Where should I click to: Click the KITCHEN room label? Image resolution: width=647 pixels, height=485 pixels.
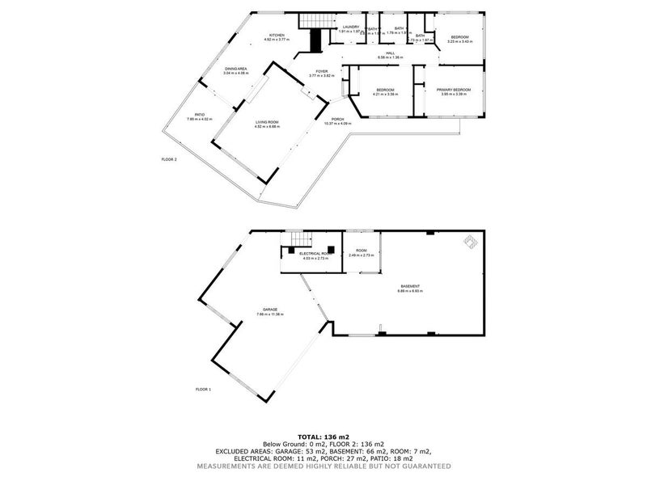[277, 36]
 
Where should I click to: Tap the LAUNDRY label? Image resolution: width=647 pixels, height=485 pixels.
[350, 27]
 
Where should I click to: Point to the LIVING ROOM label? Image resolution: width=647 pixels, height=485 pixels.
[267, 122]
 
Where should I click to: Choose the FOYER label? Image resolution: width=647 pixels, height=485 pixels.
[321, 71]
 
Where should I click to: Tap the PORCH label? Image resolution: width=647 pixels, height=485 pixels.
[338, 120]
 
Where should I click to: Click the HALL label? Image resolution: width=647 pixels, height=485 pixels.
[390, 53]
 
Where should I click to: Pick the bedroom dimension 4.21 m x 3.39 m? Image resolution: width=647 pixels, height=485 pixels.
[384, 94]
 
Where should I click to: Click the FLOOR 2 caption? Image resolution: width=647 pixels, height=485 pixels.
[169, 159]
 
